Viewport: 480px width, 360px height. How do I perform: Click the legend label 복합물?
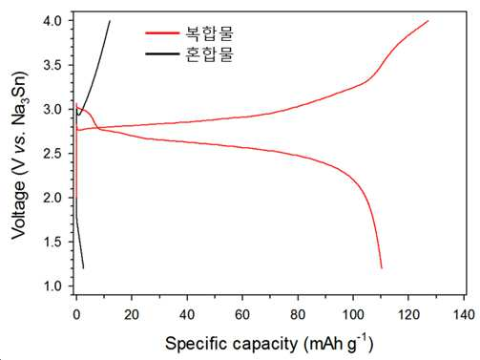point(209,33)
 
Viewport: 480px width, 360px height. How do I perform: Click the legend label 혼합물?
point(209,53)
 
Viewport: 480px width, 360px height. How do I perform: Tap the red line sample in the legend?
point(162,32)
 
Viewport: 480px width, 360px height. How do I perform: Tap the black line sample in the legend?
point(162,53)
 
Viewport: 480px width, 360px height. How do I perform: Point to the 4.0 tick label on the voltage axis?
point(53,21)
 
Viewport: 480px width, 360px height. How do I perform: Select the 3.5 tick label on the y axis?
point(53,65)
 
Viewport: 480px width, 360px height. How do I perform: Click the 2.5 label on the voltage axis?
point(53,154)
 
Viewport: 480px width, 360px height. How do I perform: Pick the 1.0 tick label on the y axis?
point(53,286)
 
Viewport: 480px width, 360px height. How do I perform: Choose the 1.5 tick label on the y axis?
point(53,243)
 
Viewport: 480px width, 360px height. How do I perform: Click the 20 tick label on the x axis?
point(132,314)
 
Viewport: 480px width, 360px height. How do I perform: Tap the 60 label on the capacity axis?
point(242,314)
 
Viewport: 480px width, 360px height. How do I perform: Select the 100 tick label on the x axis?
point(353,314)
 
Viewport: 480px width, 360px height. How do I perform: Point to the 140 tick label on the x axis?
point(464,314)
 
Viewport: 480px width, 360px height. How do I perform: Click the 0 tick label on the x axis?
point(76,314)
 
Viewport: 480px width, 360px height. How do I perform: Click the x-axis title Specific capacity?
point(231,344)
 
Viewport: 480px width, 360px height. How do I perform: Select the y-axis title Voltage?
point(18,210)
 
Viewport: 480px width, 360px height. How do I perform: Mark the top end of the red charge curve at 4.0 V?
point(428,21)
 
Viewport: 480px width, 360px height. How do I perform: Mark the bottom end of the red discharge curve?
point(382,268)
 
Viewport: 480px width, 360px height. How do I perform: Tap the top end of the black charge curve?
point(110,21)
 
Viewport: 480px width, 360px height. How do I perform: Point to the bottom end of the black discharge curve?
point(83,268)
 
